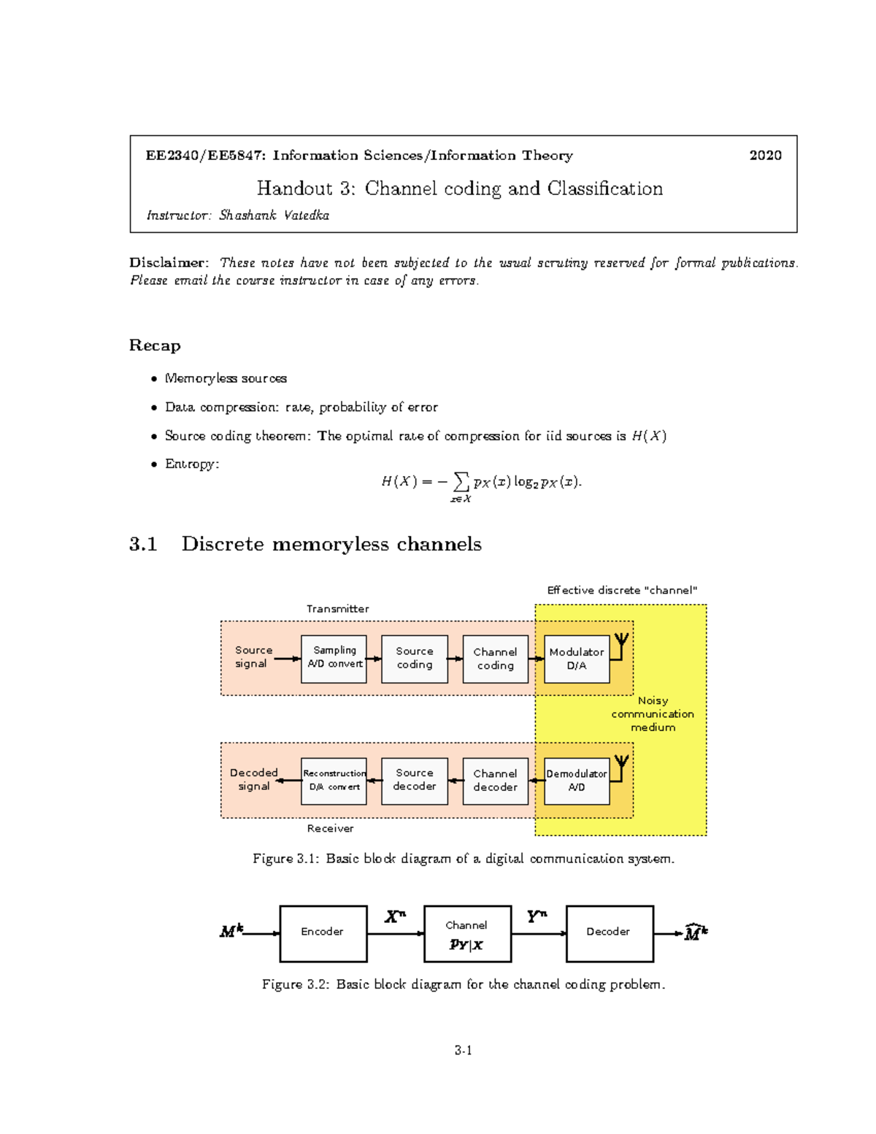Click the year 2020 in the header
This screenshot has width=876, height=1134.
pos(765,156)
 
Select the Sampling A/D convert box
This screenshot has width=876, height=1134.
pos(334,659)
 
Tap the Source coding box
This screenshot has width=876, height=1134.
pos(415,659)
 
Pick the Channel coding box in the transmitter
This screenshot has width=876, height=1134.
pos(495,659)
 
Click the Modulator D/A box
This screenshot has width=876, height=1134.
pos(577,659)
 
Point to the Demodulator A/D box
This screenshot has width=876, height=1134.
pos(577,781)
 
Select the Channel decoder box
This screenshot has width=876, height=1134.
pos(495,781)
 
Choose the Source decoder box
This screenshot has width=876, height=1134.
pos(415,781)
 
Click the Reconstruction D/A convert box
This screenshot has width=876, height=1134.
pos(334,781)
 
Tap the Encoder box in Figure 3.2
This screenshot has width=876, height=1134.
pos(323,933)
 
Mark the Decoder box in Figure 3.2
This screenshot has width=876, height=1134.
pos(610,933)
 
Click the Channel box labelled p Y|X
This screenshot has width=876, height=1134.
pos(467,935)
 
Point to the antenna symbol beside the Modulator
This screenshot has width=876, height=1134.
pos(621,643)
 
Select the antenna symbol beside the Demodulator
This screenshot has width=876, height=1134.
pos(621,765)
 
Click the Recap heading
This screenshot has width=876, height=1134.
pos(155,345)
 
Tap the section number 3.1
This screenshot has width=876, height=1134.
pos(143,544)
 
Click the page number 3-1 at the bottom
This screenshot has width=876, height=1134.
pos(463,1051)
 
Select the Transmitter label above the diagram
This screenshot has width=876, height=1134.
pos(337,609)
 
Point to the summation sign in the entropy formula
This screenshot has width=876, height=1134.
pos(461,481)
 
